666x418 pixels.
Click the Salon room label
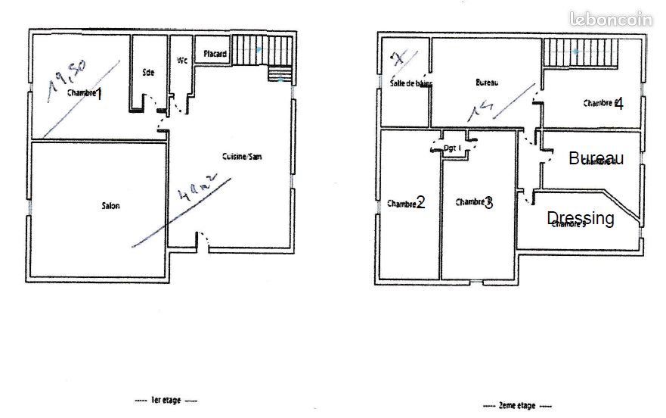pyautogui.click(x=111, y=205)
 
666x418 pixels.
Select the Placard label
pyautogui.click(x=215, y=54)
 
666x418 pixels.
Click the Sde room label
pyautogui.click(x=148, y=73)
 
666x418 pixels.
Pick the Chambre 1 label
pyautogui.click(x=85, y=93)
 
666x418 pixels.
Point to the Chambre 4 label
pyautogui.click(x=602, y=103)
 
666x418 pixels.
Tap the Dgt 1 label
pyautogui.click(x=453, y=148)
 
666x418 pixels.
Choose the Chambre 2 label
pyautogui.click(x=406, y=203)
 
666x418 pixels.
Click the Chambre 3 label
pyautogui.click(x=474, y=202)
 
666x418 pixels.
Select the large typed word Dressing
pyautogui.click(x=581, y=218)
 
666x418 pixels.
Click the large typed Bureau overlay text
pyautogui.click(x=596, y=158)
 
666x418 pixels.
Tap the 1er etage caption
pyautogui.click(x=166, y=400)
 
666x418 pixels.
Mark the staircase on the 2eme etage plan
pyautogui.click(x=579, y=53)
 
